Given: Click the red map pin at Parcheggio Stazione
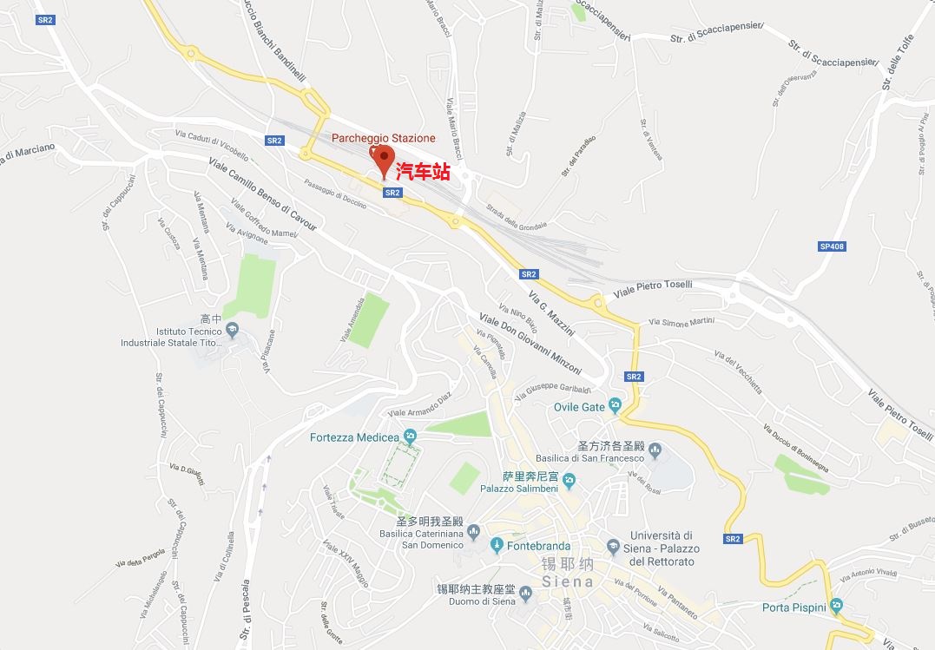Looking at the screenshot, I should (384, 160).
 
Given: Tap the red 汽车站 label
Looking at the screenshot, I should (423, 172).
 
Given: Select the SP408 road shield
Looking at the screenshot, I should (832, 246).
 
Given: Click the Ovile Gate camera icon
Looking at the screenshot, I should (616, 405).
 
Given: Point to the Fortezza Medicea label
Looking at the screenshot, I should (354, 437).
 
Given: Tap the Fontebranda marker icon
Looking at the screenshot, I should (497, 546).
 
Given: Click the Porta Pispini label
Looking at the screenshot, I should (793, 607).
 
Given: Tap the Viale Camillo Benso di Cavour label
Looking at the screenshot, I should (262, 194).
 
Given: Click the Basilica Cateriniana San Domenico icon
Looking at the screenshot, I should (473, 531).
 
